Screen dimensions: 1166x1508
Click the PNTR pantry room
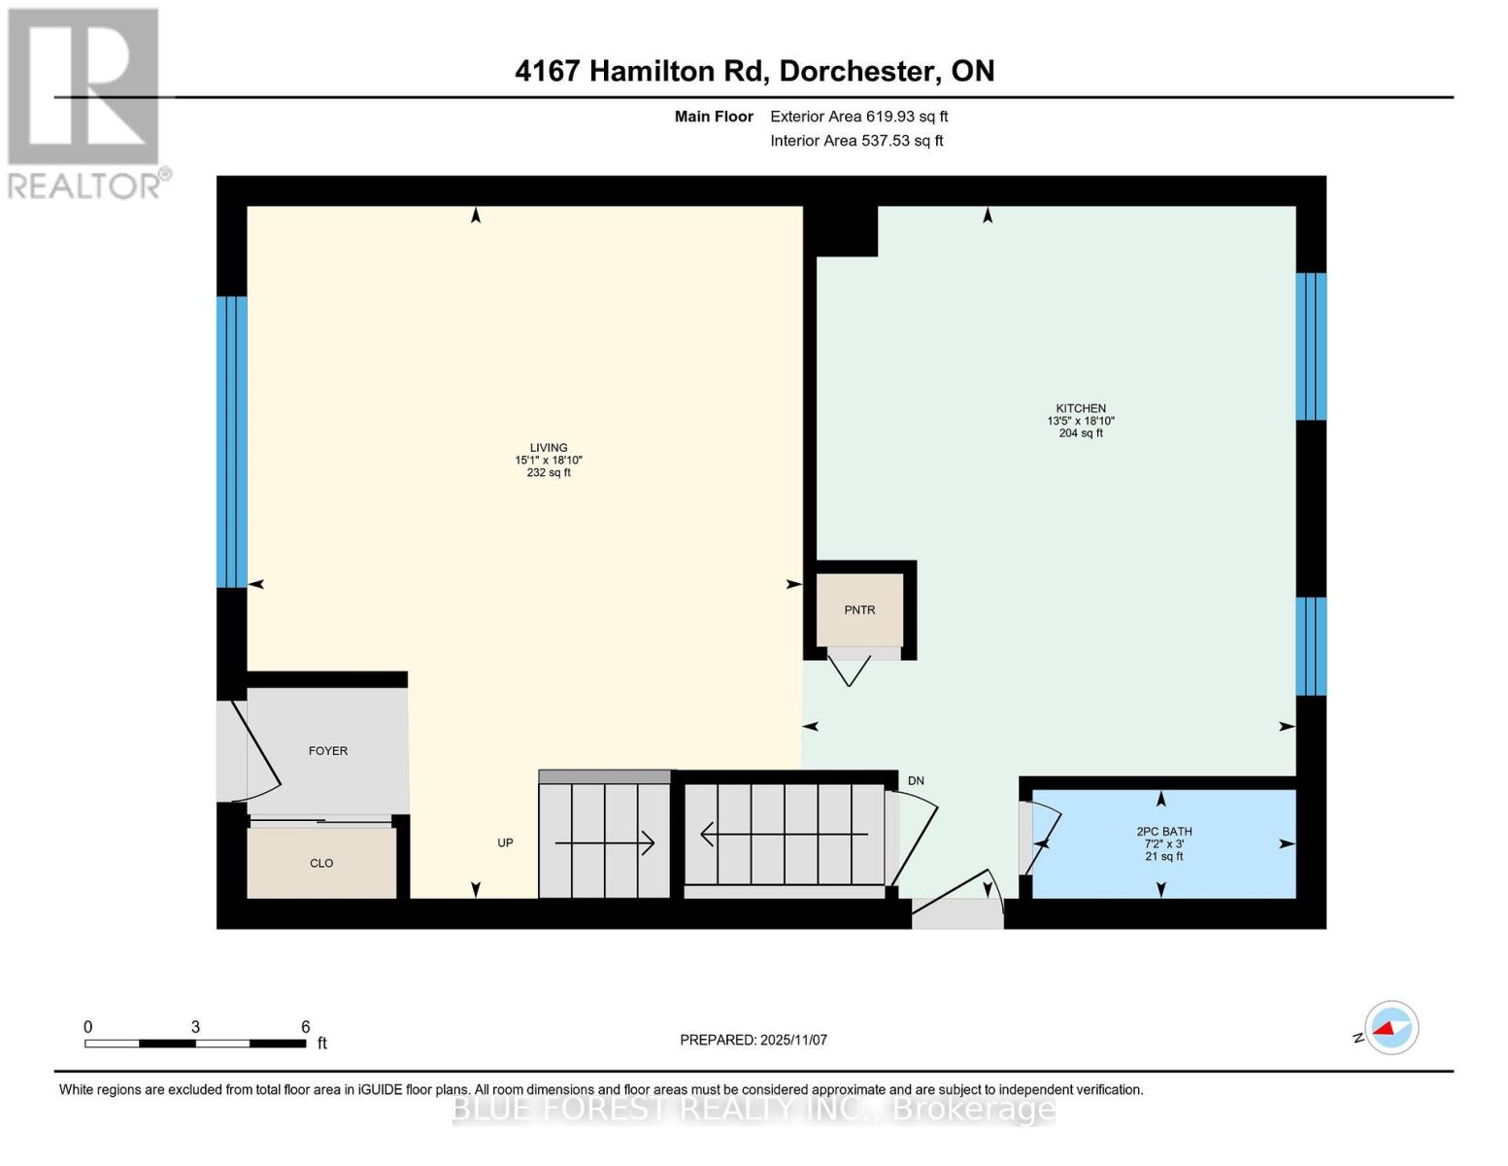point(859,610)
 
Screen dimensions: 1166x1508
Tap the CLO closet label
point(321,863)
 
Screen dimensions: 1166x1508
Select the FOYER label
point(327,751)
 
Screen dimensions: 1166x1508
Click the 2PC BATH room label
point(1163,832)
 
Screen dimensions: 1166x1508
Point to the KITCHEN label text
point(1081,409)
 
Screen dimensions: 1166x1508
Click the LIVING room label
point(549,448)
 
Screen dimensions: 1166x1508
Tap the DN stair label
point(916,781)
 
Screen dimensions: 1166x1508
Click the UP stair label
point(505,843)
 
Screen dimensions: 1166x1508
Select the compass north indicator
point(1391,1028)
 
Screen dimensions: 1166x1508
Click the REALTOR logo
point(84,102)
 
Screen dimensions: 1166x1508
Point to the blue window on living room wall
point(231,442)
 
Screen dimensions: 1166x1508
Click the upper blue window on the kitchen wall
point(1311,347)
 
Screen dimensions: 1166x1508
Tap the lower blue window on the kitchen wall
point(1311,646)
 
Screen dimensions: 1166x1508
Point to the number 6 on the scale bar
point(305,1027)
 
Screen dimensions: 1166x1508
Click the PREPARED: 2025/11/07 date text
point(754,1040)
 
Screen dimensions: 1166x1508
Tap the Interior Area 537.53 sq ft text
point(856,141)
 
